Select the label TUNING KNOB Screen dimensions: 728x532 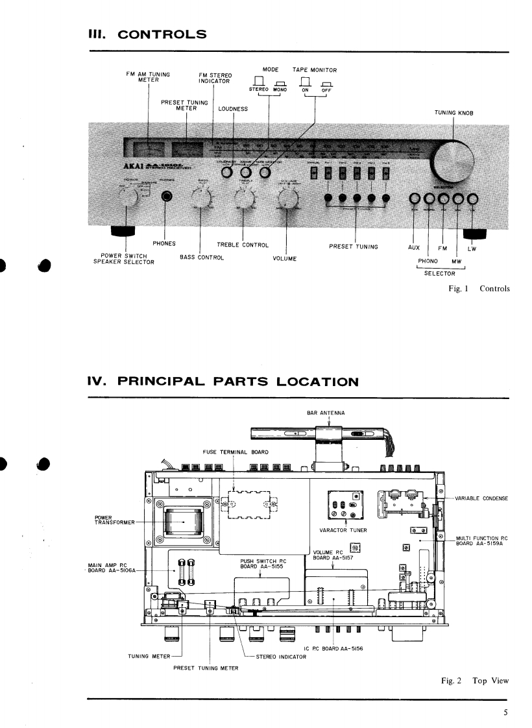pos(455,113)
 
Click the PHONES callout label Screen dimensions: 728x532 pos(165,244)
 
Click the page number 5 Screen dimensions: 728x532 pos(505,712)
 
